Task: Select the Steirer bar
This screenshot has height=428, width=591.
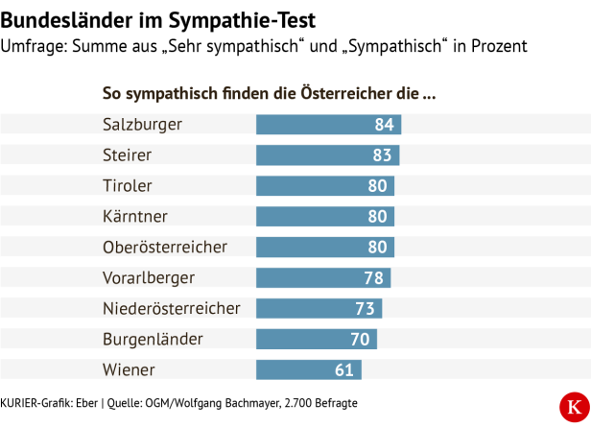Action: coord(327,155)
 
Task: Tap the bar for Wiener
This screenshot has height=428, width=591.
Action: coord(308,370)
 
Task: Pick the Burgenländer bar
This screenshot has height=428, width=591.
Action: coord(316,340)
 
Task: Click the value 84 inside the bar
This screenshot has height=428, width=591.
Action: coord(385,125)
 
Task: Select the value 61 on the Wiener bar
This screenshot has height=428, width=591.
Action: coord(345,370)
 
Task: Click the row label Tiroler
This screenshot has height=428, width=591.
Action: coord(128,186)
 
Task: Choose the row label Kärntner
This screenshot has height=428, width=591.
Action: coord(135,217)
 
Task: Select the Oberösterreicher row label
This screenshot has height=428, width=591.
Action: coord(165,248)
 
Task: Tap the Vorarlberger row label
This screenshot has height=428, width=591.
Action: coord(149,278)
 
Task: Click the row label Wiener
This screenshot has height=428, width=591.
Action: coord(129,370)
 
